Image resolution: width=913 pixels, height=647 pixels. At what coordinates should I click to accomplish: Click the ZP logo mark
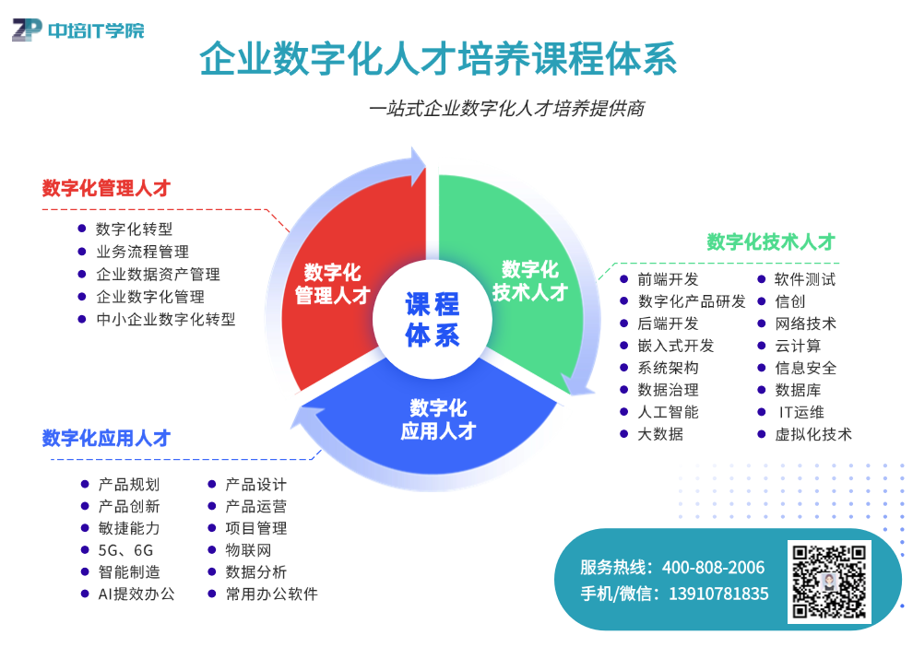coord(27,29)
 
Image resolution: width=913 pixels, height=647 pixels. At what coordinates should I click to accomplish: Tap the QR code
coord(829,581)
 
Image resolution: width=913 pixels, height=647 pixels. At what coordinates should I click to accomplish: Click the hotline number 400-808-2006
coord(713,568)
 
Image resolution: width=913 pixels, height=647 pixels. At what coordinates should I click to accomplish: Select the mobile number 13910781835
coord(718,594)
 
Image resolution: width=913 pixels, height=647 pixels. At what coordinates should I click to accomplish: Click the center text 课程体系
coord(433,320)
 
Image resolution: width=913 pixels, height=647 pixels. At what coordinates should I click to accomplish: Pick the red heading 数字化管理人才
coord(106,188)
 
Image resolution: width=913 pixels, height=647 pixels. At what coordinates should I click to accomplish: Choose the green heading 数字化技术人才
coord(771,241)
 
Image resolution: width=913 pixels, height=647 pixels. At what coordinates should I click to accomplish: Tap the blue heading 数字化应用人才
coord(106,438)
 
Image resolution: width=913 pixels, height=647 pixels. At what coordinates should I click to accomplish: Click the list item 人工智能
coord(668,412)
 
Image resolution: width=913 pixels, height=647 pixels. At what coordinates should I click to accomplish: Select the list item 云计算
coord(798,346)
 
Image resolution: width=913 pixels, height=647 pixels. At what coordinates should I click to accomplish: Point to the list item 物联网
coord(248,550)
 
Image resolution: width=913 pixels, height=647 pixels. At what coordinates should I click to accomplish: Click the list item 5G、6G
coord(125,550)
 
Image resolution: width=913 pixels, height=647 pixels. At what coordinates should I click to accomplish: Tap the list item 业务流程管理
coord(143,252)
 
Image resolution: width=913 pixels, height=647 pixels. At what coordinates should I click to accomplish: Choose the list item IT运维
coord(801,412)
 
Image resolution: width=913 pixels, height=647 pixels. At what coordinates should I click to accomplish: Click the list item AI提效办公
coord(136,594)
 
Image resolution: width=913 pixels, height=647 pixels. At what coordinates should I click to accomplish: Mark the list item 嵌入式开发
coord(675,346)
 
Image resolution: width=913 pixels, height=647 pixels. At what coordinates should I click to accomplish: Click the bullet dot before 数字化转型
coord(82,229)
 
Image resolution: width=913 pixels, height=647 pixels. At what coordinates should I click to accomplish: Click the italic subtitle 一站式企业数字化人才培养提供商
coord(507,108)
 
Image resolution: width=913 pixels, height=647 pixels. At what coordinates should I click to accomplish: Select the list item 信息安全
coord(805,368)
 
